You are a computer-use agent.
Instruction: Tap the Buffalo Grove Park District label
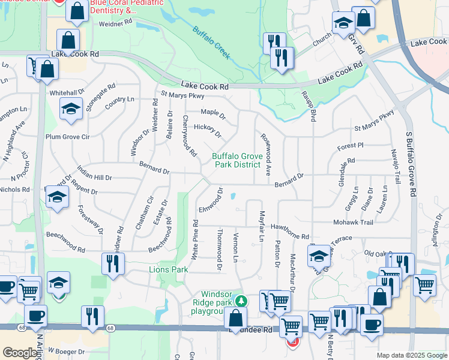tap(237, 161)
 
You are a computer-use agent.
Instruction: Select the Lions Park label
tap(167, 270)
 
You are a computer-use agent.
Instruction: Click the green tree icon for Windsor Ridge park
tap(241, 300)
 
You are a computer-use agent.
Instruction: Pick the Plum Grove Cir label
tap(68, 137)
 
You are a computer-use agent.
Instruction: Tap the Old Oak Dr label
tap(377, 254)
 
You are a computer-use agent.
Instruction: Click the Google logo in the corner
tap(20, 353)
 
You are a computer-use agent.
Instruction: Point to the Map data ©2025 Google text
tap(411, 355)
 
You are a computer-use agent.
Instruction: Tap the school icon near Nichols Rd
tap(57, 197)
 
